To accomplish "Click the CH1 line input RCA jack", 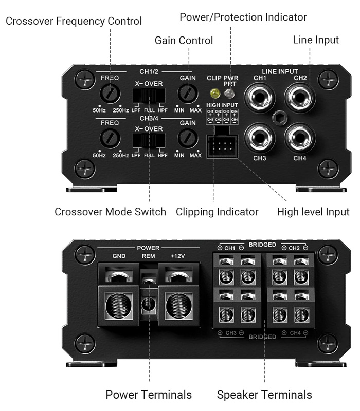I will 260,96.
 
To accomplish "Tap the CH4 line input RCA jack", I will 300,137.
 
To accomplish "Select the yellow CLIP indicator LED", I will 214,94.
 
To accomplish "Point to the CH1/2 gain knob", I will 188,94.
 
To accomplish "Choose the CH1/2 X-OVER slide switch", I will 149,96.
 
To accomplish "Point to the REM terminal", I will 148,303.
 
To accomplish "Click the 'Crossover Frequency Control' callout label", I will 74,21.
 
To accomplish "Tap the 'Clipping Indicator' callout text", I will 217,212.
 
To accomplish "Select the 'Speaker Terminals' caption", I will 264,395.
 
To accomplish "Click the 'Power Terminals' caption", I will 149,395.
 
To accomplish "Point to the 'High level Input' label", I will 313,212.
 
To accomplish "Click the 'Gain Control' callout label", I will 184,40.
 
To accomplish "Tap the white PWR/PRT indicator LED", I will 229,94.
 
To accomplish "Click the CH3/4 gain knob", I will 188,138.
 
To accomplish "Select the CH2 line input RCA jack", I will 300,96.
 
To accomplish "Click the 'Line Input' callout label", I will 316,40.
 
